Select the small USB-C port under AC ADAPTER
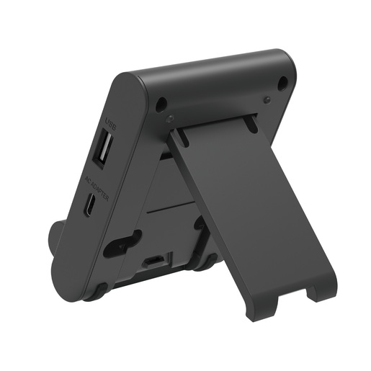(88, 206)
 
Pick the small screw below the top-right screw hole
(267, 99)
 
